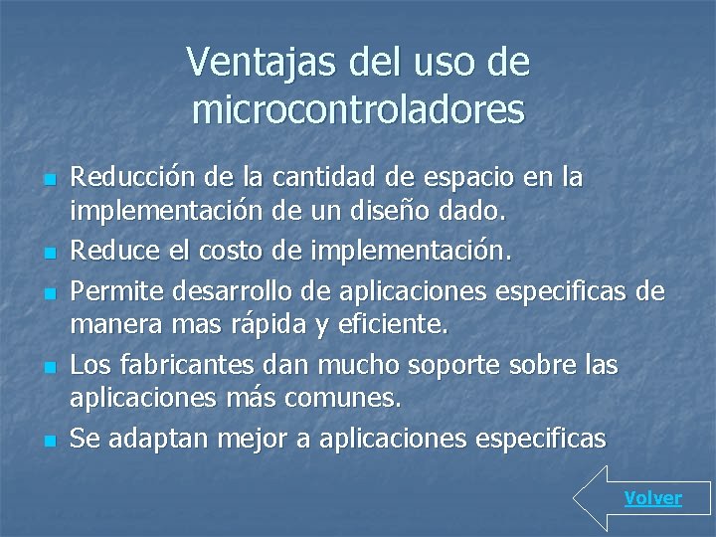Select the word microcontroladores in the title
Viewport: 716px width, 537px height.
coord(358,109)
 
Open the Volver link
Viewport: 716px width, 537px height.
coord(653,498)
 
